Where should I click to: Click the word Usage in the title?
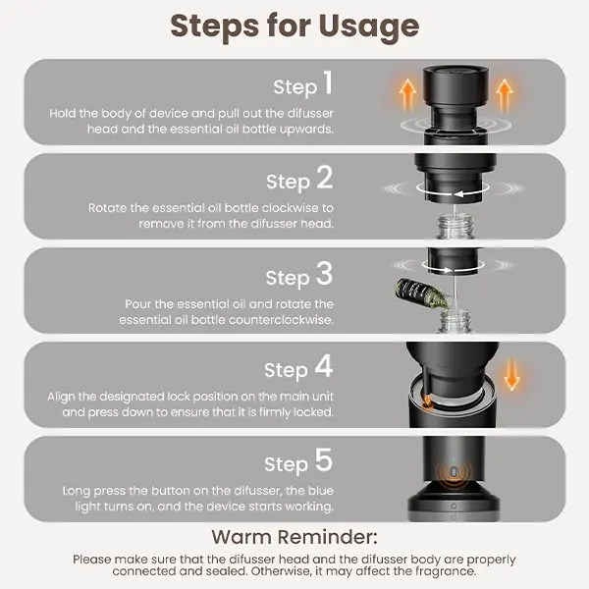click(x=369, y=27)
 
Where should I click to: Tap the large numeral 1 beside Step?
click(x=328, y=82)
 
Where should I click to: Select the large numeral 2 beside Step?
click(x=324, y=177)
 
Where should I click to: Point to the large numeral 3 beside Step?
click(x=324, y=273)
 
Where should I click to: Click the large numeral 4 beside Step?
click(x=324, y=365)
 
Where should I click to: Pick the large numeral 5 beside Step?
click(x=324, y=459)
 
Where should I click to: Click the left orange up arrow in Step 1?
click(x=408, y=96)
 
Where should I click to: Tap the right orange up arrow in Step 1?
click(x=505, y=96)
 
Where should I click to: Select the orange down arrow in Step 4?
click(x=511, y=375)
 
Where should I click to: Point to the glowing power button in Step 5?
click(x=454, y=472)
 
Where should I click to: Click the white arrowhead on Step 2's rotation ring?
click(x=458, y=193)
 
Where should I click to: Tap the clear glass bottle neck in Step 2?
click(x=455, y=226)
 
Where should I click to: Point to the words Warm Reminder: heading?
click(x=294, y=537)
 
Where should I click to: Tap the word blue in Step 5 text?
click(x=320, y=490)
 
